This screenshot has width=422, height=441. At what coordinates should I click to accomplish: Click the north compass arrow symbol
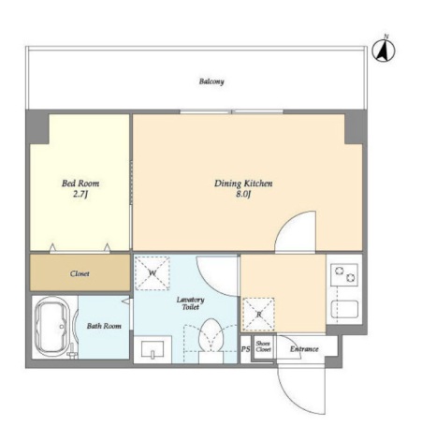pyautogui.click(x=384, y=50)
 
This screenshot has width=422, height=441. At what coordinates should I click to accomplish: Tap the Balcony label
pyautogui.click(x=211, y=81)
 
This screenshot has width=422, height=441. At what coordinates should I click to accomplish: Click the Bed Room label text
pyautogui.click(x=80, y=183)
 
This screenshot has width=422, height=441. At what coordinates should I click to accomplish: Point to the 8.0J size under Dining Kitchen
pyautogui.click(x=243, y=194)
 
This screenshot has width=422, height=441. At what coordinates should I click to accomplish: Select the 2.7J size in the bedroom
pyautogui.click(x=80, y=194)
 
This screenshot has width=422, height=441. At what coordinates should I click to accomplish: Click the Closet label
pyautogui.click(x=80, y=273)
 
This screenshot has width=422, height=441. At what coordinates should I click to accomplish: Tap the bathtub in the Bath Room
pyautogui.click(x=52, y=327)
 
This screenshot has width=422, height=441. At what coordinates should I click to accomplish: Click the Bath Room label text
pyautogui.click(x=104, y=326)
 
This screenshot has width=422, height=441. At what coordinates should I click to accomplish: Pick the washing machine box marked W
pyautogui.click(x=152, y=273)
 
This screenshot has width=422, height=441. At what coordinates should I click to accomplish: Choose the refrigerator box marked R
pyautogui.click(x=258, y=315)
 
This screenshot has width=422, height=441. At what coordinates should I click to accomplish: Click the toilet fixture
pyautogui.click(x=211, y=341)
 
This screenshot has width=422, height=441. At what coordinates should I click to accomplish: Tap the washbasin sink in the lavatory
pyautogui.click(x=153, y=349)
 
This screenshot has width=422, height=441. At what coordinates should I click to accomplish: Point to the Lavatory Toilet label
pyautogui.click(x=190, y=303)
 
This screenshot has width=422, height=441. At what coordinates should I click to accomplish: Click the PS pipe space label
pyautogui.click(x=245, y=349)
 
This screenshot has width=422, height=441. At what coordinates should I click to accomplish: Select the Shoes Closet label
pyautogui.click(x=263, y=346)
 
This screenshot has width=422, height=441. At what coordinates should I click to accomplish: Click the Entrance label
pyautogui.click(x=304, y=349)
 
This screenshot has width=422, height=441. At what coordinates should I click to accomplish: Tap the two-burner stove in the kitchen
pyautogui.click(x=344, y=273)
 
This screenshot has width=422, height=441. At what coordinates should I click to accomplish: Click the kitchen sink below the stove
pyautogui.click(x=344, y=309)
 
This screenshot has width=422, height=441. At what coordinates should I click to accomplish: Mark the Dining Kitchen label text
pyautogui.click(x=243, y=184)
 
